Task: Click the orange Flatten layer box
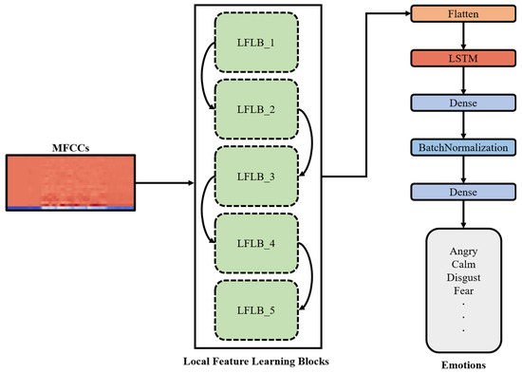tap(462, 16)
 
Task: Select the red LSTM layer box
tap(462, 60)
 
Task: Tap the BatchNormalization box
tap(462, 148)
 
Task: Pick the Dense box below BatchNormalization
tap(462, 192)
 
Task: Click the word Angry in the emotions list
tap(462, 250)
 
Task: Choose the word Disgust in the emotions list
tap(462, 277)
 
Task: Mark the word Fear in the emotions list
tap(462, 290)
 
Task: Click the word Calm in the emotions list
tap(462, 264)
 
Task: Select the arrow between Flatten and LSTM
tap(462, 38)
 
